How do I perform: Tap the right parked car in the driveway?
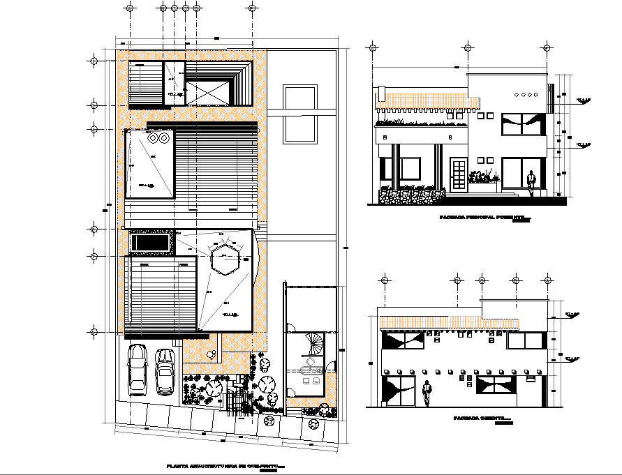point(165,370)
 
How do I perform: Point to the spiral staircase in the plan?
point(313,345)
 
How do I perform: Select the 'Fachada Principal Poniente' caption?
point(481,217)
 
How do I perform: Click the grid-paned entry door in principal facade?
point(458,175)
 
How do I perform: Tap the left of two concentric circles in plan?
point(154,139)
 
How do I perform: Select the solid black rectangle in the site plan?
point(149,243)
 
